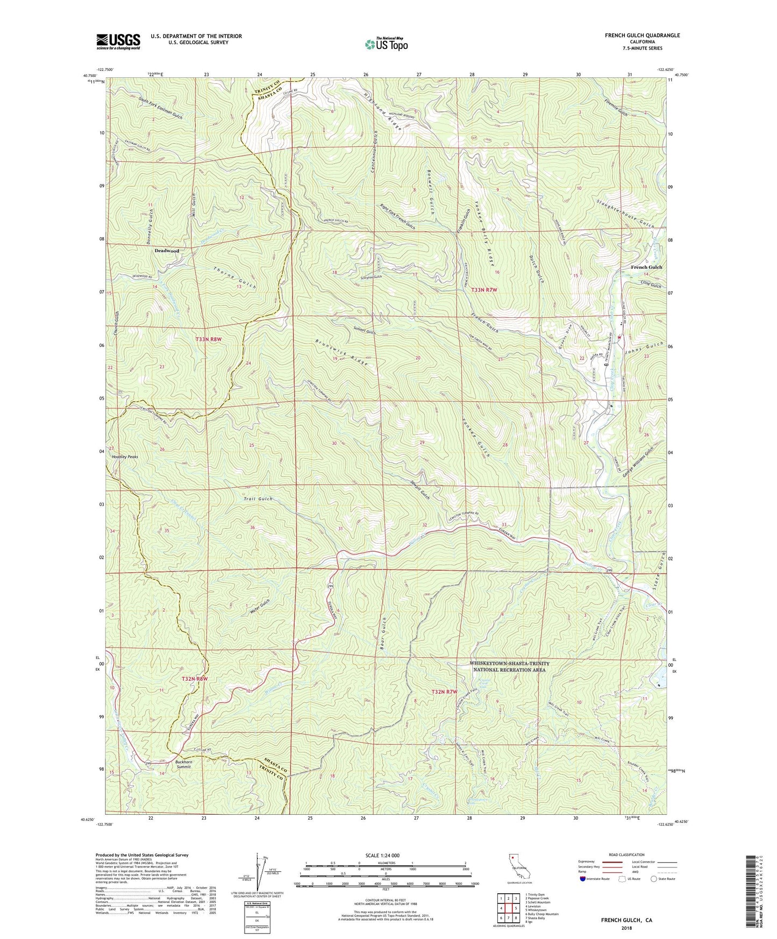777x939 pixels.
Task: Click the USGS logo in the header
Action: [118, 41]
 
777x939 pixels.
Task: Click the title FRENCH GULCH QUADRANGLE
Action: [642, 35]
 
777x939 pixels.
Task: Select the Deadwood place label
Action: [167, 251]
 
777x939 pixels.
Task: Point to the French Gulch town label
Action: [646, 267]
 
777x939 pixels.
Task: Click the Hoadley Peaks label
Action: [125, 457]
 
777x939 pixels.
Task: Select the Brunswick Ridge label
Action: [342, 353]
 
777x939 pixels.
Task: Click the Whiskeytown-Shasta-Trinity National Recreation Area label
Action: [509, 666]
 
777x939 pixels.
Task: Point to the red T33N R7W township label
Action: [484, 290]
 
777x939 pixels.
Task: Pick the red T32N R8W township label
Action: [193, 679]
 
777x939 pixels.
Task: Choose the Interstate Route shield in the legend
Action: [584, 879]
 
